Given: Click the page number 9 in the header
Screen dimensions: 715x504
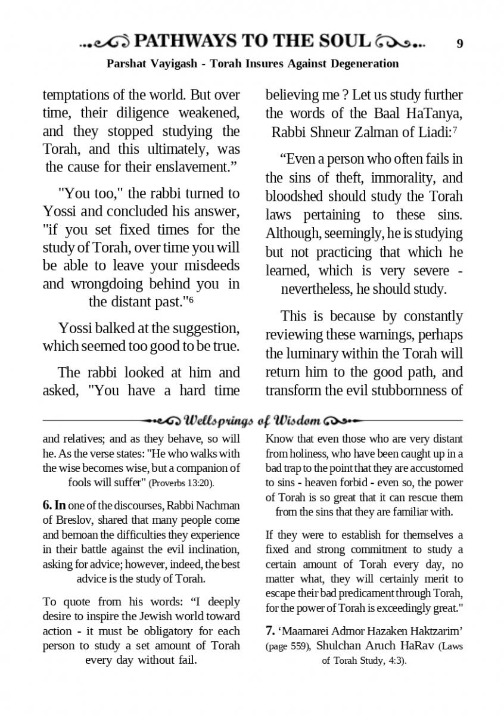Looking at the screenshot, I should click(x=459, y=43).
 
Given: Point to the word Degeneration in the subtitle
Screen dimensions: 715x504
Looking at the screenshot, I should click(x=363, y=63).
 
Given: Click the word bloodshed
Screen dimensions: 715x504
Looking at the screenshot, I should click(x=296, y=197).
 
